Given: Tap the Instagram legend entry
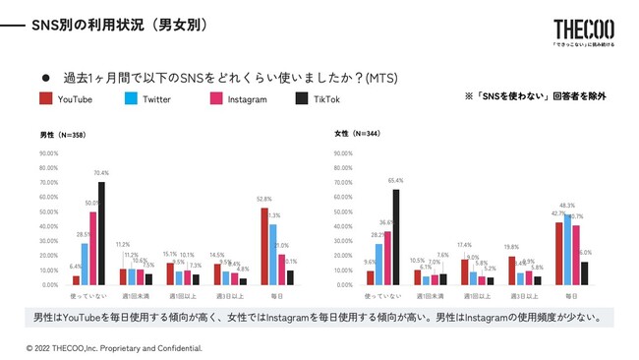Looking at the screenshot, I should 238,99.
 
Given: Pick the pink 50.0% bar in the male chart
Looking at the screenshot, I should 92,248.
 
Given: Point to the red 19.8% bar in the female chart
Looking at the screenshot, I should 511,270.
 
